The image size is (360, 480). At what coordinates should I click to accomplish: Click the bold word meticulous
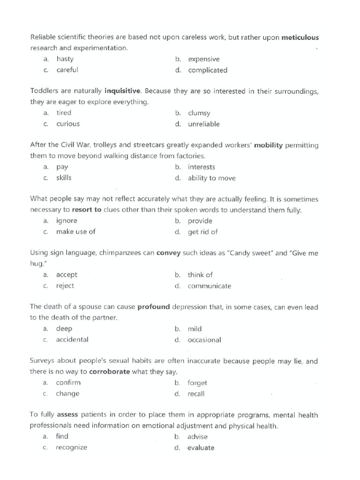[x=300, y=37]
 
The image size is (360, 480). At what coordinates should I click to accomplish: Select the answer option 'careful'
[x=67, y=70]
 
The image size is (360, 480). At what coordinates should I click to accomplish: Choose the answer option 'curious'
[x=68, y=124]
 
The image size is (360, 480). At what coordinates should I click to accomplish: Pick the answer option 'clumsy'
[x=199, y=113]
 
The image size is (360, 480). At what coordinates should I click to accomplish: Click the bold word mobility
[x=268, y=145]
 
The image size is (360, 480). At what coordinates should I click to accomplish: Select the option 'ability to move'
[x=211, y=178]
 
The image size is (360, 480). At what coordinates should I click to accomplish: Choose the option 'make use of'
[x=75, y=232]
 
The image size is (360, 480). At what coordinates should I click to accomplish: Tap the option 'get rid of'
[x=202, y=232]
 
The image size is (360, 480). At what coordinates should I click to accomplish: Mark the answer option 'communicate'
[x=209, y=286]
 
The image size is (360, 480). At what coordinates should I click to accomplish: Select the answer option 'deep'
[x=64, y=329]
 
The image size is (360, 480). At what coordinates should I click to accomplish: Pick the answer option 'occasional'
[x=204, y=340]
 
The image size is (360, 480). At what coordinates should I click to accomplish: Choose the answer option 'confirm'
[x=68, y=382]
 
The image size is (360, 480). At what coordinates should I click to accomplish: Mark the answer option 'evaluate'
[x=201, y=448]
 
